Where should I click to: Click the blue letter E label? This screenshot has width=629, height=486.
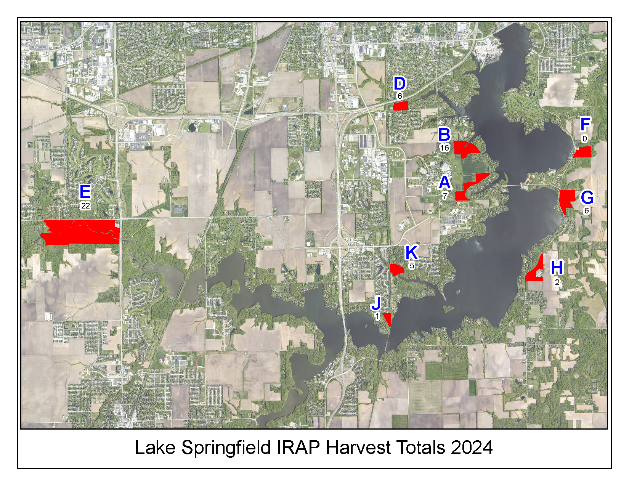(85, 192)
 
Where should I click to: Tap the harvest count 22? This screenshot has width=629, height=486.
(85, 206)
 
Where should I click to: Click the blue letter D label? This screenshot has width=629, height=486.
(400, 84)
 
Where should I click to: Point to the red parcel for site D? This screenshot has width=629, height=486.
(401, 106)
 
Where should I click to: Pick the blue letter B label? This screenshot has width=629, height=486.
(444, 135)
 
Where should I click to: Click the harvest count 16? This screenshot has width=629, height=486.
(444, 148)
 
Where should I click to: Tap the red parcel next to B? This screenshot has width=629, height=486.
(465, 148)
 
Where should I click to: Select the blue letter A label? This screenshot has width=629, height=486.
(444, 183)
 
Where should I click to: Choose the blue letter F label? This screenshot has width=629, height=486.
(585, 124)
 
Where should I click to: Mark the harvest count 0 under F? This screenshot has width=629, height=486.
(584, 139)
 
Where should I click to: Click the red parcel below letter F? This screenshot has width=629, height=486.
(583, 152)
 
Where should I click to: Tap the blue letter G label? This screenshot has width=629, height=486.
(587, 197)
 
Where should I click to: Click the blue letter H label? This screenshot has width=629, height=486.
(557, 268)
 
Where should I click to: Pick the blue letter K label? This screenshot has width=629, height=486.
(411, 252)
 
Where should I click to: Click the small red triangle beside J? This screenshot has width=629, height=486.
(388, 318)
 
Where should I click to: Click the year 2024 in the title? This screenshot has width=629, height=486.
(472, 448)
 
